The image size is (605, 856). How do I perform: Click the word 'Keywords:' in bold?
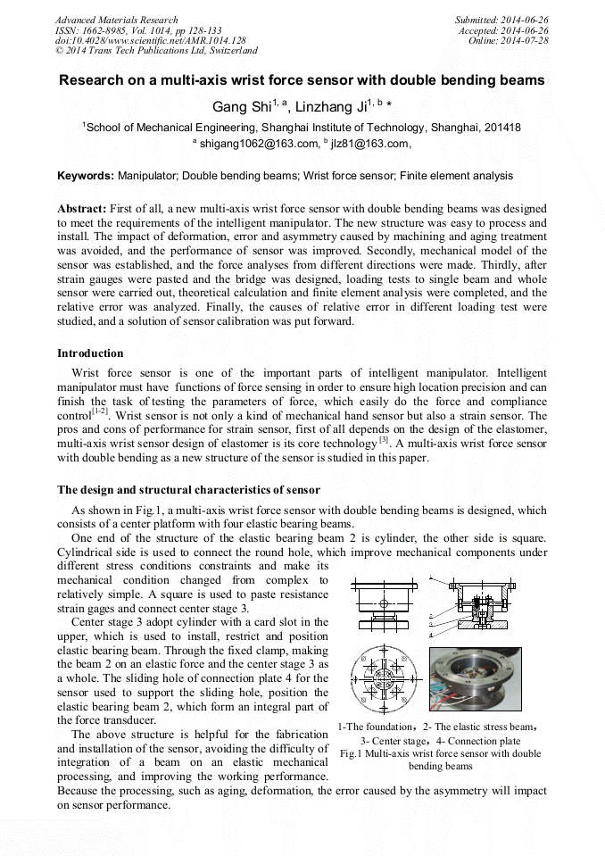tap(86, 177)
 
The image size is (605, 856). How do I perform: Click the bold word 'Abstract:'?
tap(82, 208)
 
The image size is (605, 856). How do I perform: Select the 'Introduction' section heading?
tap(90, 353)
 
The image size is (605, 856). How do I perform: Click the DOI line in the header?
tap(150, 40)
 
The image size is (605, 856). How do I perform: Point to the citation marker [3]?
tap(384, 438)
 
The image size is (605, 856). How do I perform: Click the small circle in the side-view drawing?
tap(385, 604)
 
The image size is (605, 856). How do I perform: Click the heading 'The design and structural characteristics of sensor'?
tap(188, 490)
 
